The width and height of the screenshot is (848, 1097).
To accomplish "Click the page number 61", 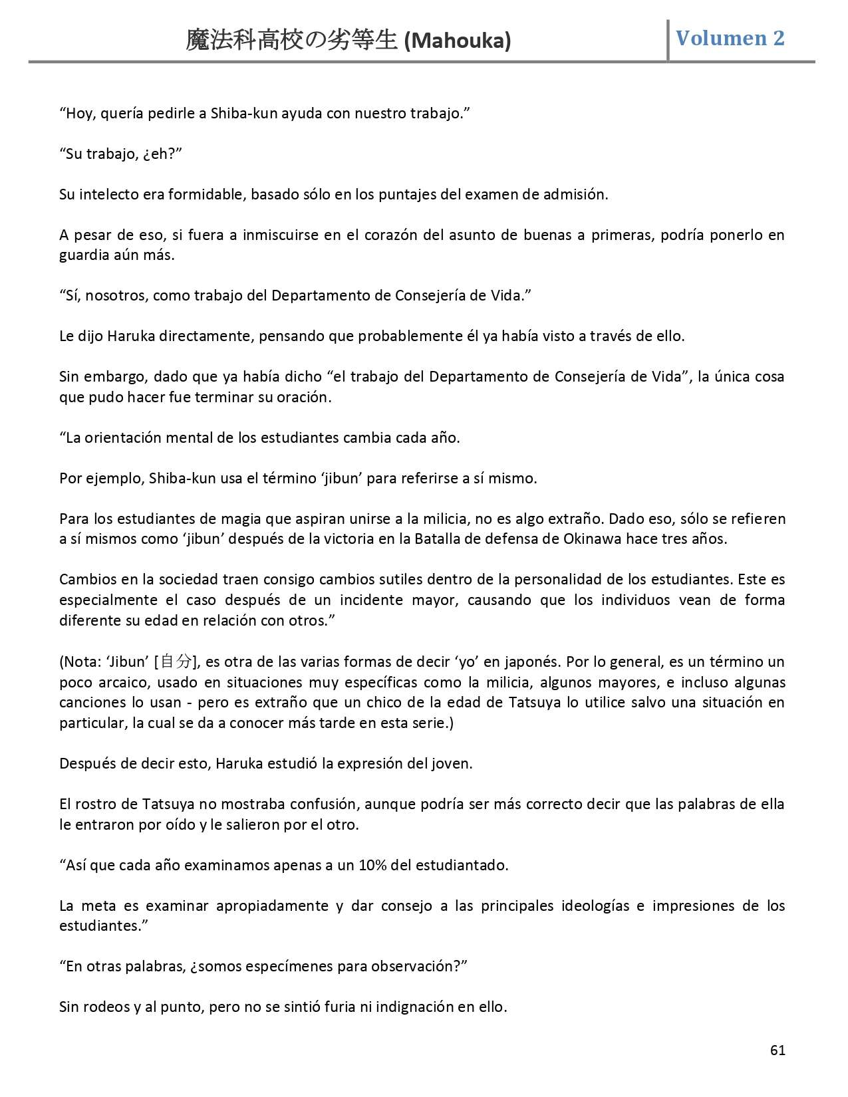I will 777,1050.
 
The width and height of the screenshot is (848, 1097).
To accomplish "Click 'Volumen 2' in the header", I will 730,39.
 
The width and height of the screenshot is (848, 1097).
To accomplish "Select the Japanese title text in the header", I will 293,41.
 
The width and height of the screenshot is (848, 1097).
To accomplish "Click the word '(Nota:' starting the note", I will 81,662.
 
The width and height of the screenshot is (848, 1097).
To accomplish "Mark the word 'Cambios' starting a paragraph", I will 84,579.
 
